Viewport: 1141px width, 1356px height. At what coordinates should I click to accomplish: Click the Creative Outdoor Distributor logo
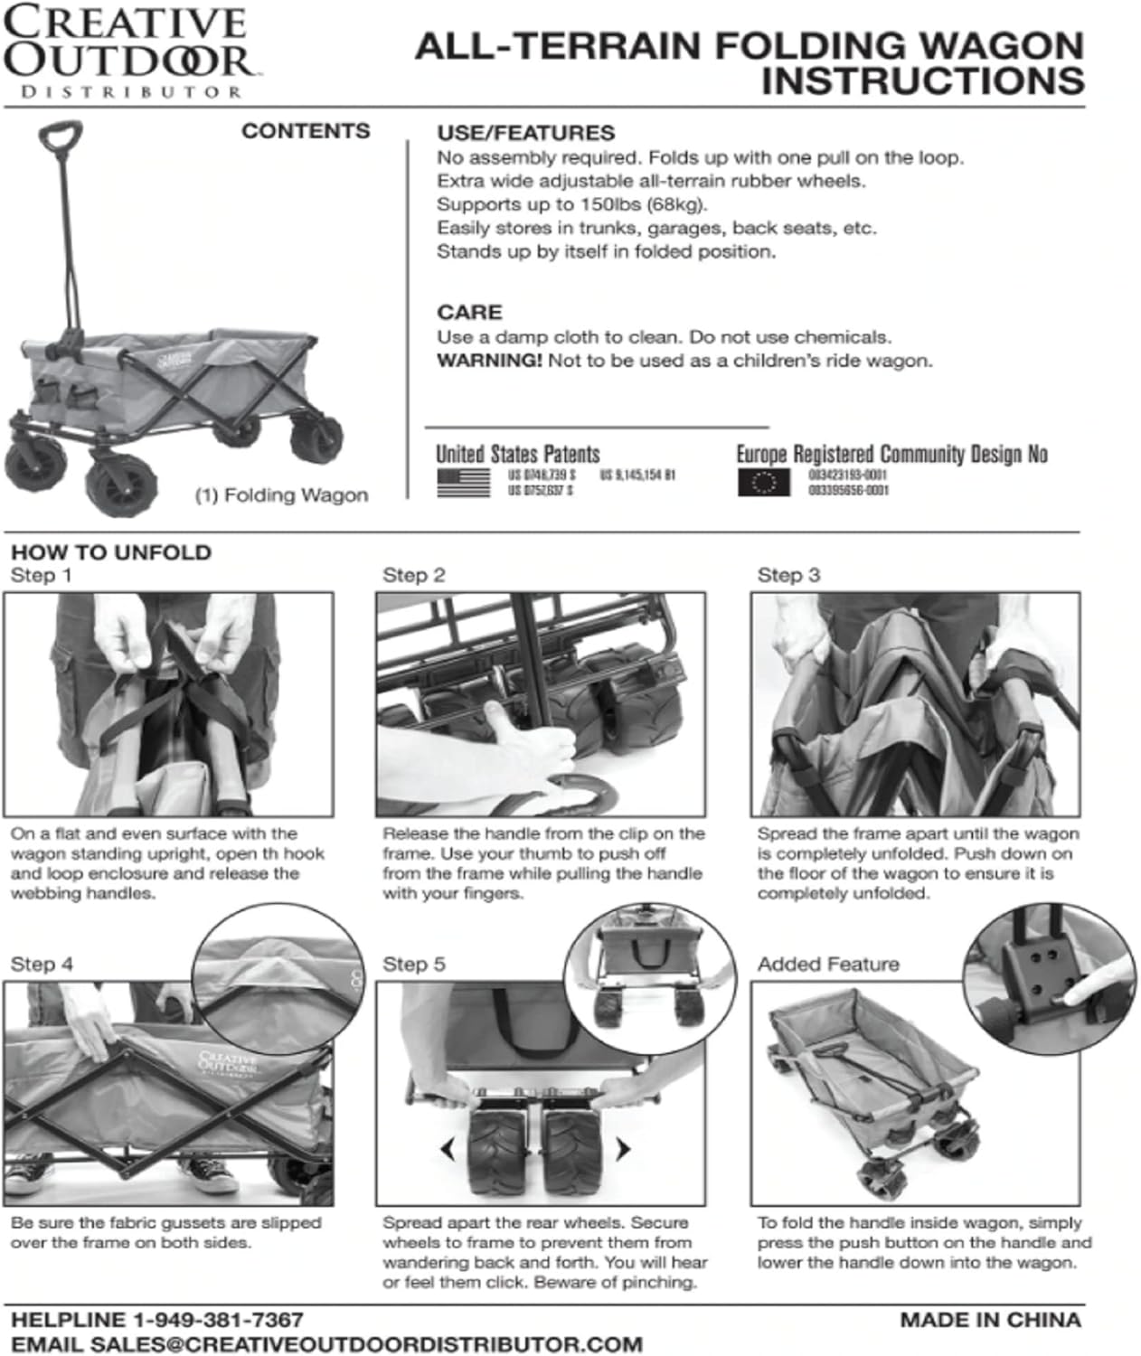click(x=127, y=51)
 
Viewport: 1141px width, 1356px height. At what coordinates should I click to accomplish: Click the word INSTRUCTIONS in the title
click(x=922, y=81)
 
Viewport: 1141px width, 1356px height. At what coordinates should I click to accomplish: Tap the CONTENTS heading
click(x=306, y=131)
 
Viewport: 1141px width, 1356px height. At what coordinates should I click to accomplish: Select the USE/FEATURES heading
click(x=525, y=133)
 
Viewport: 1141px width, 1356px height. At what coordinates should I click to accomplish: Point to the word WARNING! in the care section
click(x=489, y=361)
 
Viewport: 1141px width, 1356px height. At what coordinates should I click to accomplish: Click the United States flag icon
click(x=463, y=482)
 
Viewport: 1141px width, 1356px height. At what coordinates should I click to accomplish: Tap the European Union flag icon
click(x=763, y=482)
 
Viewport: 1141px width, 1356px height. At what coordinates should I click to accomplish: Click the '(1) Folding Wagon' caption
click(x=281, y=495)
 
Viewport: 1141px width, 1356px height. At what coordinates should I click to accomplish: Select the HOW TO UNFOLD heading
click(x=111, y=552)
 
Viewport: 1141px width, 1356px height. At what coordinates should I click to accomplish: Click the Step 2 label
click(x=414, y=576)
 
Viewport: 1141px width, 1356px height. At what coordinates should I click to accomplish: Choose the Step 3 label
click(x=788, y=576)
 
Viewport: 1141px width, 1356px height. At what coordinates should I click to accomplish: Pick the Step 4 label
click(x=42, y=965)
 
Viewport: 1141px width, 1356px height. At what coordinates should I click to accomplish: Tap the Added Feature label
click(x=828, y=965)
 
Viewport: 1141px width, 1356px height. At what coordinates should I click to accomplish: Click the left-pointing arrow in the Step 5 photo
click(x=447, y=1150)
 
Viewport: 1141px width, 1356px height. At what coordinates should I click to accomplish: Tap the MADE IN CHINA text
click(x=990, y=1320)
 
